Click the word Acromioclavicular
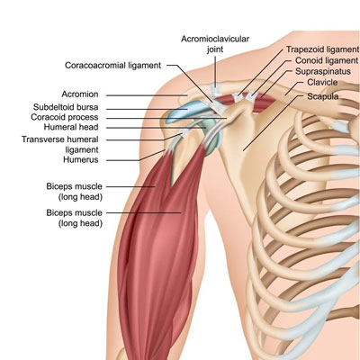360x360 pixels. (x=215, y=39)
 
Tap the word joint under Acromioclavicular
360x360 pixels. (x=215, y=49)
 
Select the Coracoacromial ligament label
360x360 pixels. (x=113, y=65)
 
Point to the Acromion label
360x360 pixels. (x=80, y=94)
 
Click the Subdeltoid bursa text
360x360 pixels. (x=66, y=107)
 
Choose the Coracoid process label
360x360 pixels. (x=65, y=117)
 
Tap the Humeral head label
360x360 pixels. (x=71, y=127)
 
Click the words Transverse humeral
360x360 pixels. (x=60, y=139)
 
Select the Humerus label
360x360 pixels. (x=81, y=159)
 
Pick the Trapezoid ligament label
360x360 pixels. (x=322, y=49)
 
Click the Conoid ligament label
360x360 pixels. (x=327, y=60)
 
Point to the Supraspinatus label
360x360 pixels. (x=323, y=71)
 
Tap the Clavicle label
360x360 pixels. (x=322, y=82)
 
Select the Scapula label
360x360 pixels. (x=323, y=96)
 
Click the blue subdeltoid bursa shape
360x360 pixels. (x=184, y=112)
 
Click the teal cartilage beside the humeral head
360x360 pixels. (x=212, y=132)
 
